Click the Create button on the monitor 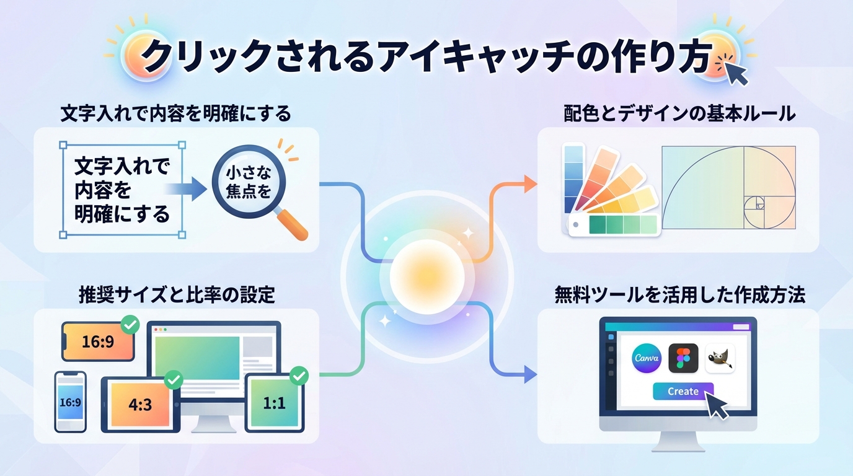[x=683, y=392]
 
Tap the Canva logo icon [x=647, y=358]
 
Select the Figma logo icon [x=683, y=358]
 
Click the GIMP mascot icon [x=720, y=358]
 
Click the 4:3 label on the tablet [x=139, y=404]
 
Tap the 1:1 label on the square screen [x=274, y=403]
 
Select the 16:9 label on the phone [x=70, y=402]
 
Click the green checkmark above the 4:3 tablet [x=172, y=379]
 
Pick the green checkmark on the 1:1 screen [x=299, y=375]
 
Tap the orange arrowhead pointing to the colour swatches [x=530, y=183]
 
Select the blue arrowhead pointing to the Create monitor [x=530, y=374]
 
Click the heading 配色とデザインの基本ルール [x=679, y=114]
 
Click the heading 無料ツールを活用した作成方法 [x=679, y=296]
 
